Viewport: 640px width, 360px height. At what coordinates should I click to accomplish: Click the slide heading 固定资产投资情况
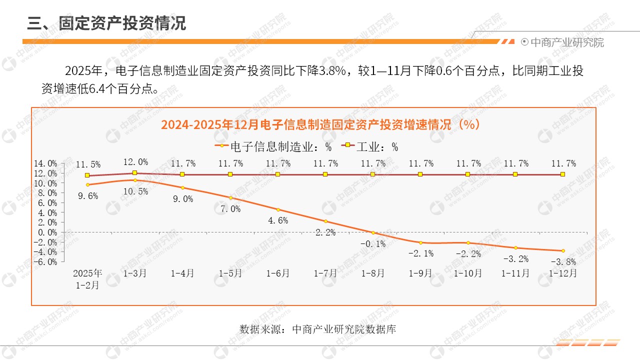tap(106, 23)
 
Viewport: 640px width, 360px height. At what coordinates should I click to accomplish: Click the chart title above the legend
tap(320, 124)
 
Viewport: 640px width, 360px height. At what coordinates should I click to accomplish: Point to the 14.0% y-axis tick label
tap(45, 163)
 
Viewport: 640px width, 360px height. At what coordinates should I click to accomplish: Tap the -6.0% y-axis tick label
tap(45, 261)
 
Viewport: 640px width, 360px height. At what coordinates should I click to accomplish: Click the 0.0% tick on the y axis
tap(47, 232)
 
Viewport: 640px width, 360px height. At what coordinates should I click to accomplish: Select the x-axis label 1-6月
tap(278, 273)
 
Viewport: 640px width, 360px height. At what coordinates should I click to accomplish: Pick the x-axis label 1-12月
tap(563, 273)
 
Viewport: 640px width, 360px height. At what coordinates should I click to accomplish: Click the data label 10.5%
tap(136, 191)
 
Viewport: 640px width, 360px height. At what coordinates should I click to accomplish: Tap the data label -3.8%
tap(563, 261)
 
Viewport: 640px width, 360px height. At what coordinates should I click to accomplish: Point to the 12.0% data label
tap(136, 162)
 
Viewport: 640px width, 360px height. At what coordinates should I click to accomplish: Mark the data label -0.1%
tap(373, 244)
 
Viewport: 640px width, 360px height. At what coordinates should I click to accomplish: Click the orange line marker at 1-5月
tap(230, 197)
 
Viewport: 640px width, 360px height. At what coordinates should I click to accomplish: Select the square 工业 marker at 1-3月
tap(135, 173)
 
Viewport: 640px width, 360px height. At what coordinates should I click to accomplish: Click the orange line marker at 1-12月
tap(563, 250)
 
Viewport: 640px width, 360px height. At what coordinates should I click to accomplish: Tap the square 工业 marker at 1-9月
tap(420, 174)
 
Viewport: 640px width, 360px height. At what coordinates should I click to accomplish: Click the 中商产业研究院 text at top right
tap(566, 42)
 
